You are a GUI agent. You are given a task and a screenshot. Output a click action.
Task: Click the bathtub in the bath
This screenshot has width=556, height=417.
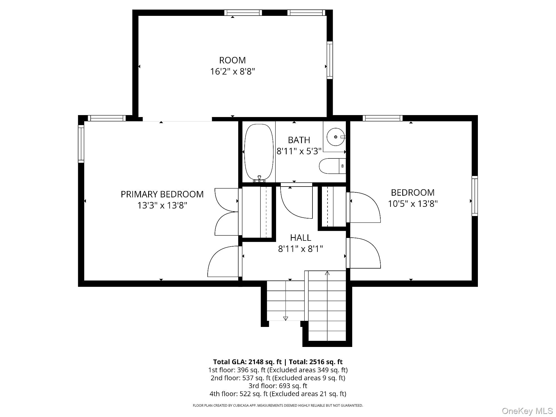259,152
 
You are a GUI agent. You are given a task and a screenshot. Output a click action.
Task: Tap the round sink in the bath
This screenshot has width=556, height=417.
336,137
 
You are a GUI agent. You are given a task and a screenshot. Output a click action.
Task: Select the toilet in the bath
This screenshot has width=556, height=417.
332,166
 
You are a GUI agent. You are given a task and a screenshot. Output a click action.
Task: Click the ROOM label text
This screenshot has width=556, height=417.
232,60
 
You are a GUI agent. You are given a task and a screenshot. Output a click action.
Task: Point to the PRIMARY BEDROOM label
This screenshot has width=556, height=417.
162,194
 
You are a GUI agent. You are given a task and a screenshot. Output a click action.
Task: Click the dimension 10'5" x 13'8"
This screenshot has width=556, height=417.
413,204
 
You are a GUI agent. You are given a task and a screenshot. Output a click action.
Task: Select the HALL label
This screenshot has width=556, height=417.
301,238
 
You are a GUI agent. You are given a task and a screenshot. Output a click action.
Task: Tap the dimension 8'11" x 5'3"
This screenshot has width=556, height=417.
299,151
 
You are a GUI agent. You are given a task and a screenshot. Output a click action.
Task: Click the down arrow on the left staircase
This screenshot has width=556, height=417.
286,319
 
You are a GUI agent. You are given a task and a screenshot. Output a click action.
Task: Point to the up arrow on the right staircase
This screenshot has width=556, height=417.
327,273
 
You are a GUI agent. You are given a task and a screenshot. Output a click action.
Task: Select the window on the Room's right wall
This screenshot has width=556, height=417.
330,60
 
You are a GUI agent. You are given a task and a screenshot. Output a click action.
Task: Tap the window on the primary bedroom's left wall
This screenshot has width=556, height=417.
81,144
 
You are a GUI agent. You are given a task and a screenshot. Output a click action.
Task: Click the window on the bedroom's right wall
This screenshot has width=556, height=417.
475,196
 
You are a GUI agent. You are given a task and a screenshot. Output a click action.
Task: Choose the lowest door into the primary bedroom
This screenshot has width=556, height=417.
223,261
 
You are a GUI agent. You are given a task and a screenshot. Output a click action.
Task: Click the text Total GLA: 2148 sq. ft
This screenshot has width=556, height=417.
247,362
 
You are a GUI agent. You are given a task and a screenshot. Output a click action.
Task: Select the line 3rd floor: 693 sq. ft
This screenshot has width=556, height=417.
278,386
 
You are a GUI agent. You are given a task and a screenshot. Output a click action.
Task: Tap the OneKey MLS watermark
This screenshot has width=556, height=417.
527,411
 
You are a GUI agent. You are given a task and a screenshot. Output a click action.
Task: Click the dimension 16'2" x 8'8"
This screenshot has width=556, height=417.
232,71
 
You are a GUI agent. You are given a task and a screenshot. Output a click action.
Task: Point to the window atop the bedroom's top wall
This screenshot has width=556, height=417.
383,118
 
